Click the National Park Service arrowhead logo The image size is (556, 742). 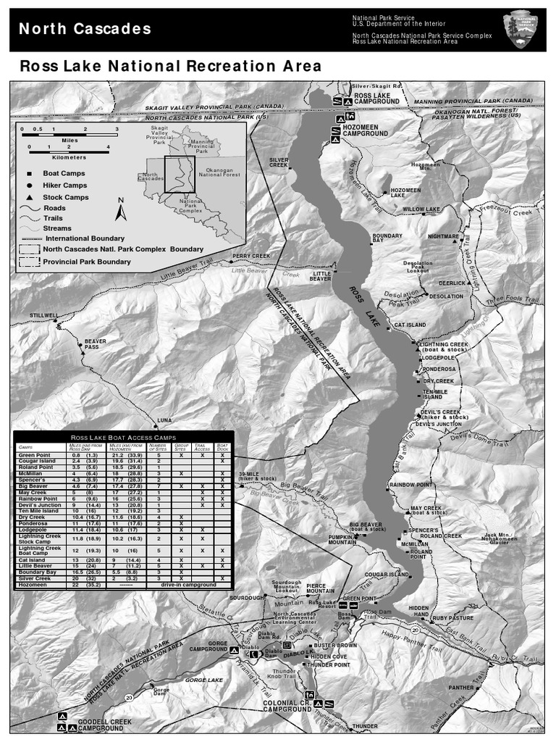point(523,30)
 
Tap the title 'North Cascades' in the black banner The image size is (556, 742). point(85,29)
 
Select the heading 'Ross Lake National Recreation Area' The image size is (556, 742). point(171,66)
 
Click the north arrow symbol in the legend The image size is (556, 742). point(122,209)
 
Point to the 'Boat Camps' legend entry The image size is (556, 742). point(64,174)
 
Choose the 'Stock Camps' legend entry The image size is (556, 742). point(65,197)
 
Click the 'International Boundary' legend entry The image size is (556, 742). point(84,238)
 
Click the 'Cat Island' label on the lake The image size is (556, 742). point(410,325)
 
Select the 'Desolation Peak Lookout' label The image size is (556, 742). point(418,267)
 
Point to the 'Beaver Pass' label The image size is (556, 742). point(96,343)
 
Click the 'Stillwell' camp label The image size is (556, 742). point(43,316)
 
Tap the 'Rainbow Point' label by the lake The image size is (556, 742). point(411,485)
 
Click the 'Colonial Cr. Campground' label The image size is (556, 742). point(287,706)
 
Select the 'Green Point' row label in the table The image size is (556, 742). point(34,455)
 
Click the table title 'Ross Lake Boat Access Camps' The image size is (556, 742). point(123,438)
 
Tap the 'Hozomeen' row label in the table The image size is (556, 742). point(32,585)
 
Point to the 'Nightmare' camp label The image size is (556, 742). point(443,236)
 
